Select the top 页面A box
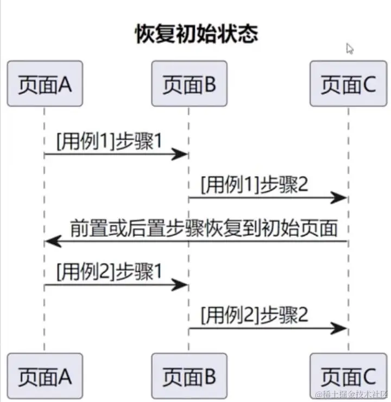[x=45, y=84]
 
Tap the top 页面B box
[x=189, y=84]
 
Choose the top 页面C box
[x=348, y=84]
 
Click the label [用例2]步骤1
[x=109, y=271]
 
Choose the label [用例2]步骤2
[x=254, y=315]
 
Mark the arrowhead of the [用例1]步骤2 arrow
[x=339, y=198]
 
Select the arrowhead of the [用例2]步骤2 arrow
[x=339, y=328]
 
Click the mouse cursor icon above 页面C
[x=350, y=49]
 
